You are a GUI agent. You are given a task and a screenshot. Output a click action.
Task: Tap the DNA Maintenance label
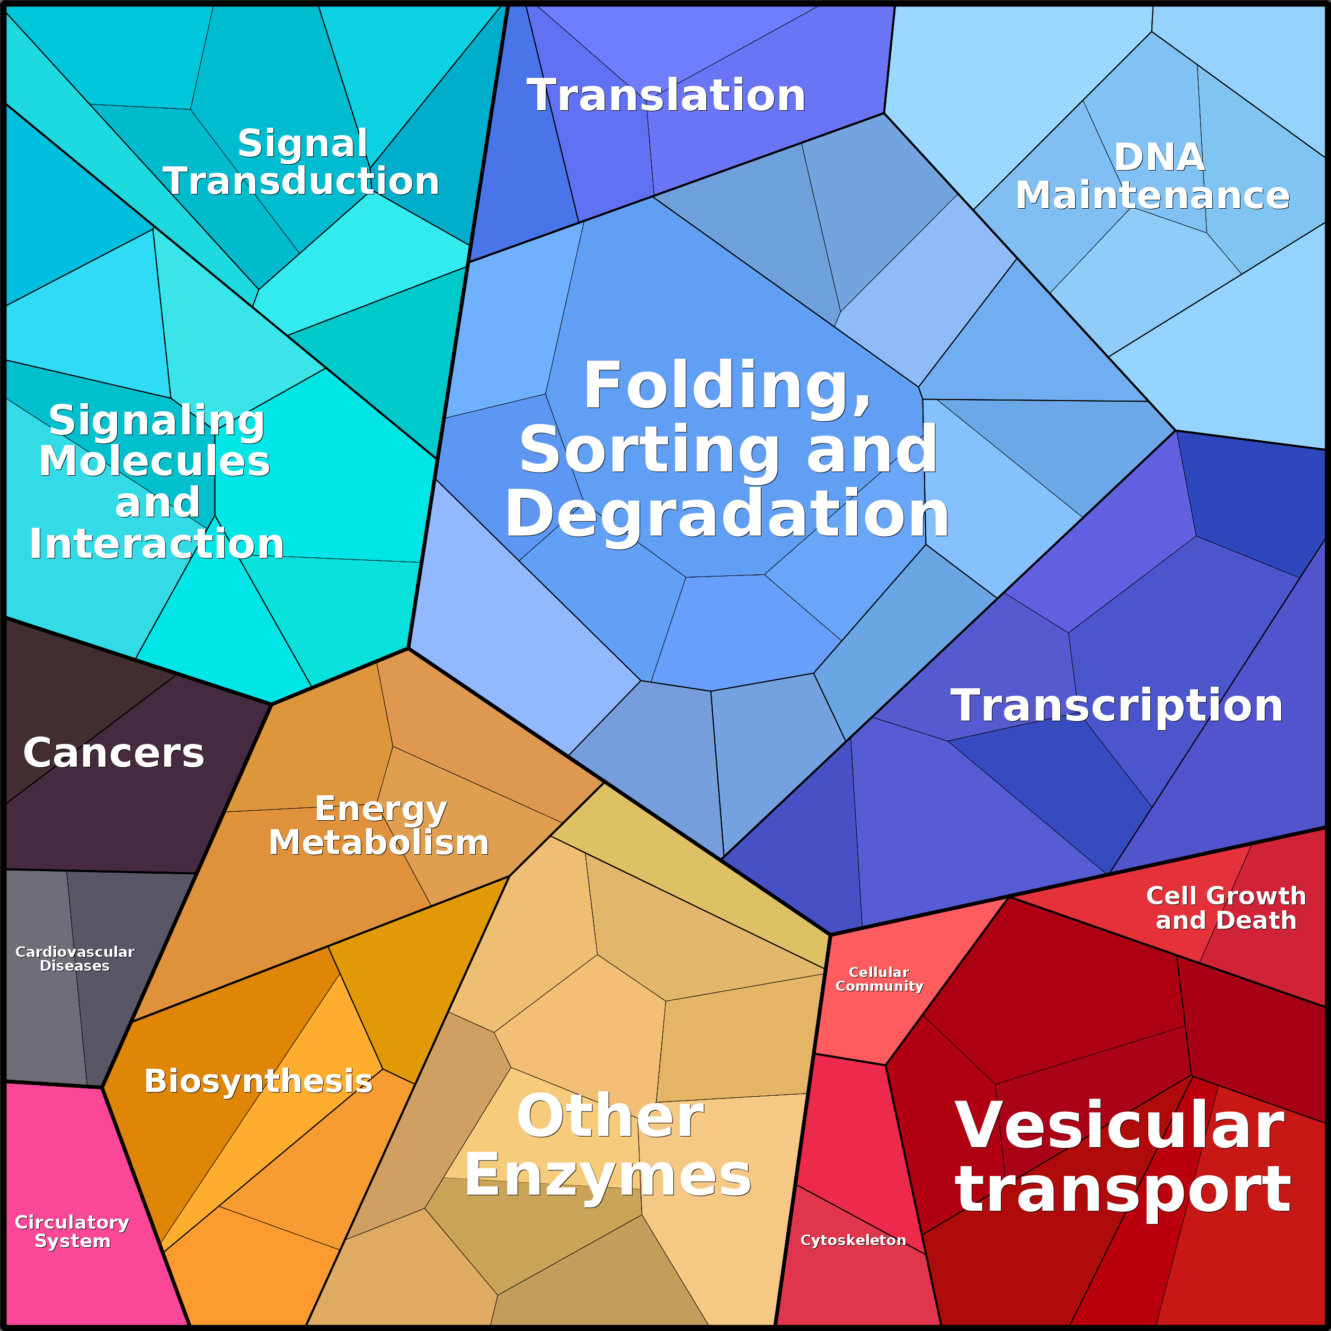pyautogui.click(x=1152, y=176)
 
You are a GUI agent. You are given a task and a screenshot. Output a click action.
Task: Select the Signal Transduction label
pyautogui.click(x=301, y=162)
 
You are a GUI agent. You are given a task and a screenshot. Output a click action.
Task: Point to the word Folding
pyautogui.click(x=727, y=387)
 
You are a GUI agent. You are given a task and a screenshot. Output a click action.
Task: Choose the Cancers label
pyautogui.click(x=114, y=752)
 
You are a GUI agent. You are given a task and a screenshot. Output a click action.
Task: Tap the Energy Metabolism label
pyautogui.click(x=379, y=826)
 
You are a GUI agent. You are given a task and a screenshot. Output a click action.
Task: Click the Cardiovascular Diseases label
pyautogui.click(x=74, y=959)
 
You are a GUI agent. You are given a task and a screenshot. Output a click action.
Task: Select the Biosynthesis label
pyautogui.click(x=259, y=1081)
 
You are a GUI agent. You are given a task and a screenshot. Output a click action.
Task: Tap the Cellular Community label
pyautogui.click(x=879, y=979)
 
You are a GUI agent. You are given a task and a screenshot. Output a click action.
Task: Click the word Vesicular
pyautogui.click(x=1120, y=1126)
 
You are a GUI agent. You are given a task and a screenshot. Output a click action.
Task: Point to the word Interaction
pyautogui.click(x=156, y=544)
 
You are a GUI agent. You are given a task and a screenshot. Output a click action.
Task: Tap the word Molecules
pyautogui.click(x=154, y=461)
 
